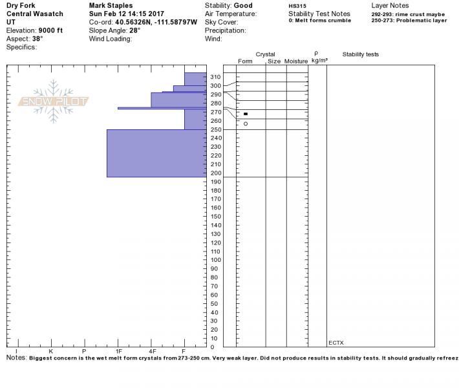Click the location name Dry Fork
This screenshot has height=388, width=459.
(21, 5)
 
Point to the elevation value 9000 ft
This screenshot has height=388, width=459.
(50, 30)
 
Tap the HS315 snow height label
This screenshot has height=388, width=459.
(297, 5)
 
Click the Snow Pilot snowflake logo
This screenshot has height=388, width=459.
(53, 101)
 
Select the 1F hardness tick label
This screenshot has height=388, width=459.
(118, 351)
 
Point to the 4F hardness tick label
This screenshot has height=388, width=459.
(153, 351)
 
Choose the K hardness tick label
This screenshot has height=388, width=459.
(50, 351)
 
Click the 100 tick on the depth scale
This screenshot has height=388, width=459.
(216, 260)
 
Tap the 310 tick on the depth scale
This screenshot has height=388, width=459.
(216, 77)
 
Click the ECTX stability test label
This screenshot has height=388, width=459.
(336, 343)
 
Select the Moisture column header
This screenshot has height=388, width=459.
(296, 61)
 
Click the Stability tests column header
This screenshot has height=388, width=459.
(361, 54)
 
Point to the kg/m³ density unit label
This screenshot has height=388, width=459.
(318, 61)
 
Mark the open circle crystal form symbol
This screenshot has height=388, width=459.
(246, 124)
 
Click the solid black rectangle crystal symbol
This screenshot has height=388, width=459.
(246, 114)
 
